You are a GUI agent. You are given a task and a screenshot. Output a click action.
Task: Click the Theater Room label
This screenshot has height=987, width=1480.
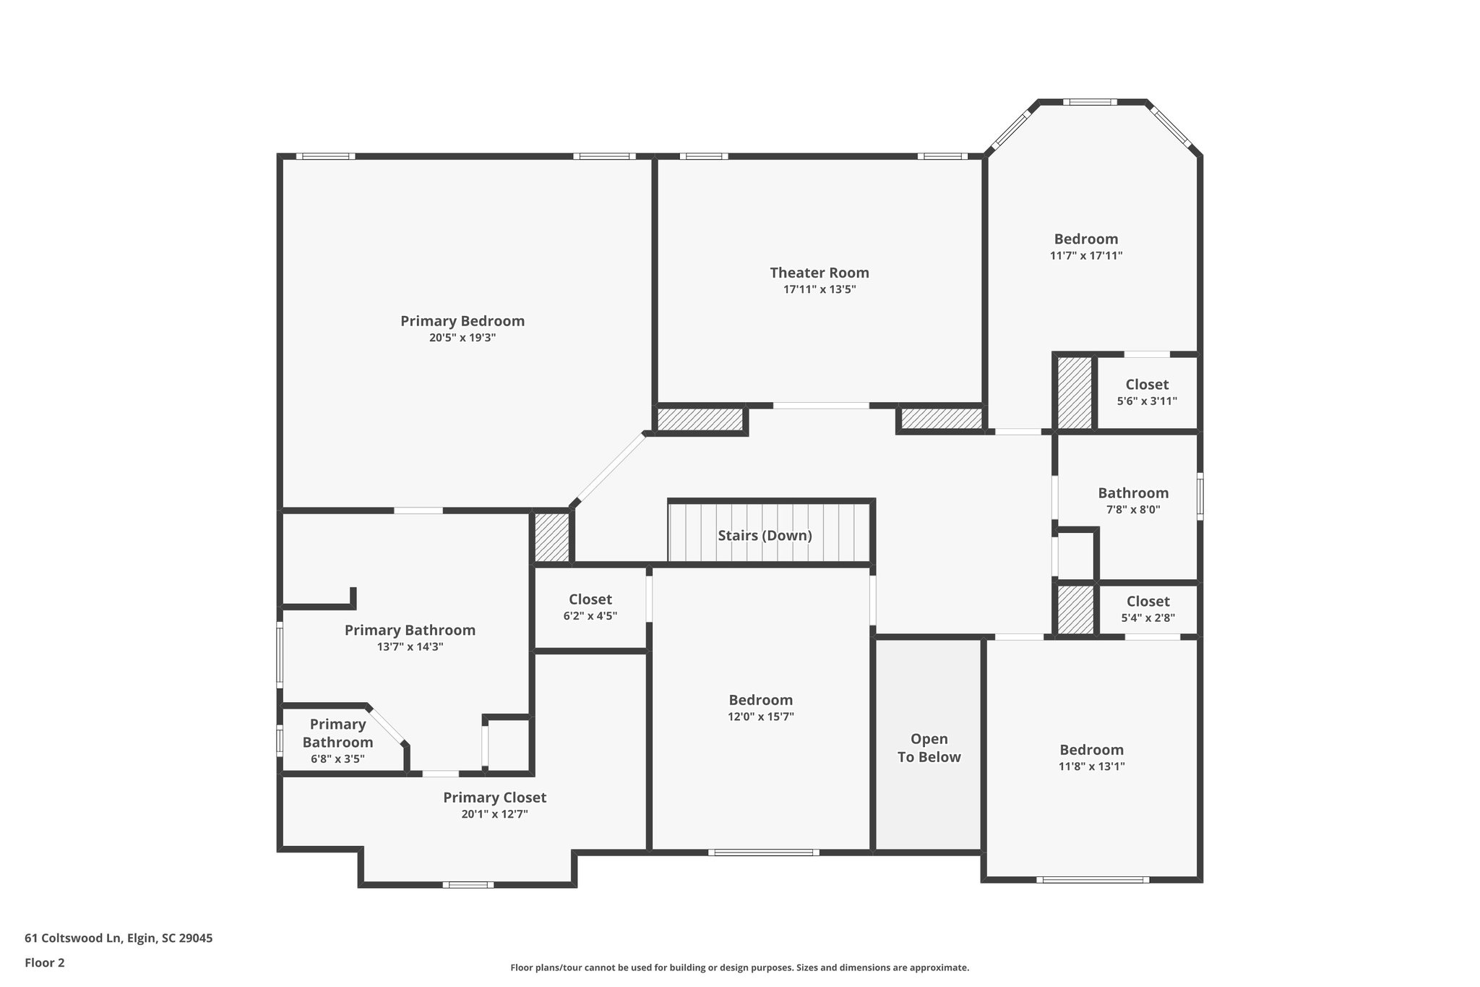819,273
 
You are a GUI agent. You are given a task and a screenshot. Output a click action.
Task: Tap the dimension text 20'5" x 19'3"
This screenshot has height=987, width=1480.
462,338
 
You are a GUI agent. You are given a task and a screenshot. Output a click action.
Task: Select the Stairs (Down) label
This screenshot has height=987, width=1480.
765,535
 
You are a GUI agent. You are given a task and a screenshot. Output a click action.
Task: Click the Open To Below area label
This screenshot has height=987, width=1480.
929,748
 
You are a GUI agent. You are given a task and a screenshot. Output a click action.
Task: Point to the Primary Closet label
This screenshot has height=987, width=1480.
494,797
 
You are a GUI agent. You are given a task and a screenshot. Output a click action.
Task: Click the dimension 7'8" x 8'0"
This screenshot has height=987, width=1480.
1132,510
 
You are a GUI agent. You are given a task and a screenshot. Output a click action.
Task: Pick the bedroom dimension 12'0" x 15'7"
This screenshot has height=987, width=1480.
760,717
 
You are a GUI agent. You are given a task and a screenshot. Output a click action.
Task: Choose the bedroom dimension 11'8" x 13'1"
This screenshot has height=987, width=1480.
1091,766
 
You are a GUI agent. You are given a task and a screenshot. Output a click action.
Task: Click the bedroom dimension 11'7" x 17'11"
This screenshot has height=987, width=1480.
1085,256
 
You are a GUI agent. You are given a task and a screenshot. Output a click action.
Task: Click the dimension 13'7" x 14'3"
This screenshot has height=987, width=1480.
410,647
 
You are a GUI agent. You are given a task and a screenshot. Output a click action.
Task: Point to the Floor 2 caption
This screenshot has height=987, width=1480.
45,962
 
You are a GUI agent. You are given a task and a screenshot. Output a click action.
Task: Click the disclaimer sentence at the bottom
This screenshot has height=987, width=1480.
739,967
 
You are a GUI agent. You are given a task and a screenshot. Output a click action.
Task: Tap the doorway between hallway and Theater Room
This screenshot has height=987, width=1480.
821,406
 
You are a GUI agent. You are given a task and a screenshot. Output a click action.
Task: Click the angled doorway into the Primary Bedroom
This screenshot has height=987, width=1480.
610,468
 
